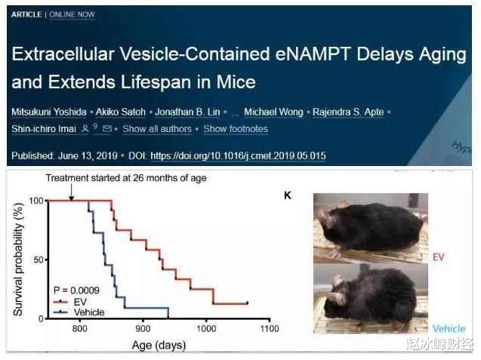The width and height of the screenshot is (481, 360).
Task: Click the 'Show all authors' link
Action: click(x=157, y=129)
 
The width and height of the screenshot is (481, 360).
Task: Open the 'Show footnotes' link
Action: click(x=236, y=129)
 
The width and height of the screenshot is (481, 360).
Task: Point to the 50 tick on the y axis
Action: click(x=38, y=260)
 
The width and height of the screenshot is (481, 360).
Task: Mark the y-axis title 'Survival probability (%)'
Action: click(x=17, y=258)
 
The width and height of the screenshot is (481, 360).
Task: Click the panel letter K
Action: click(x=287, y=196)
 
